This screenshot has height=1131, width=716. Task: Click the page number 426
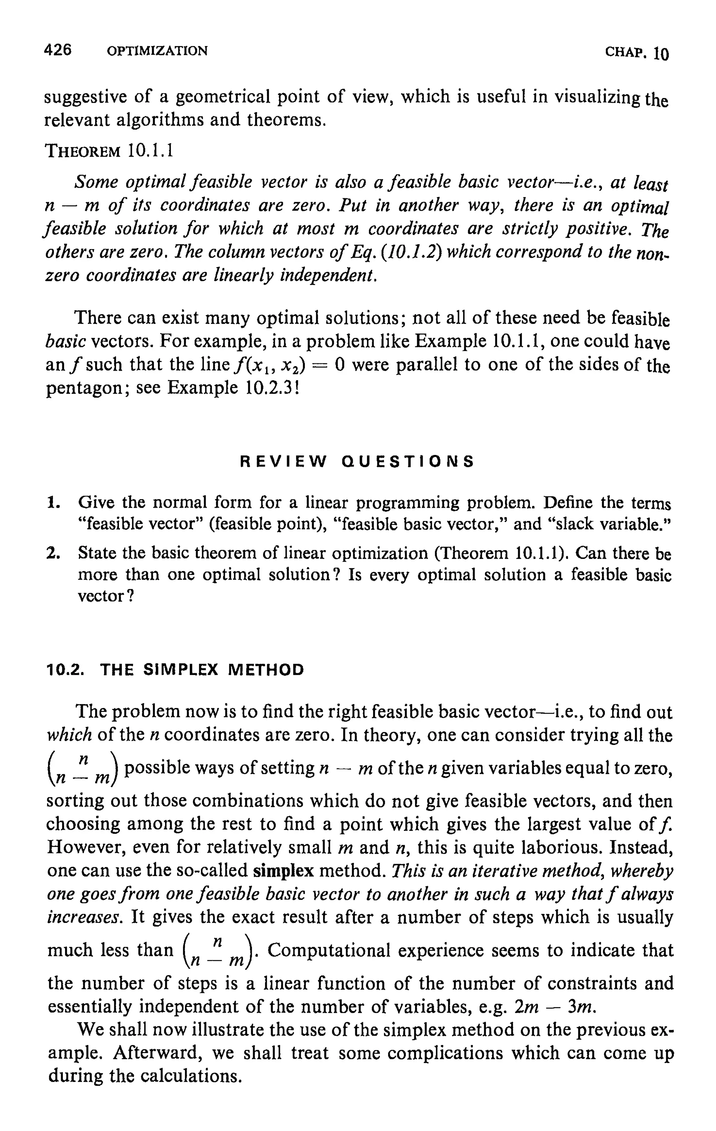click(57, 49)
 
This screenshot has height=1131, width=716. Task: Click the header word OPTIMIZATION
click(157, 51)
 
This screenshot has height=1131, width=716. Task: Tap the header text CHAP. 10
click(636, 52)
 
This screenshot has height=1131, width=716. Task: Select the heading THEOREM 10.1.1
click(109, 151)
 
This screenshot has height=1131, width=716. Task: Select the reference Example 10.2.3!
click(233, 388)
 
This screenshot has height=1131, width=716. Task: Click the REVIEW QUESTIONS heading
click(357, 462)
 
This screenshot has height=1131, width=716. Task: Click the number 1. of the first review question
click(53, 503)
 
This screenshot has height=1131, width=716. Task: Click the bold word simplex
click(283, 871)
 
